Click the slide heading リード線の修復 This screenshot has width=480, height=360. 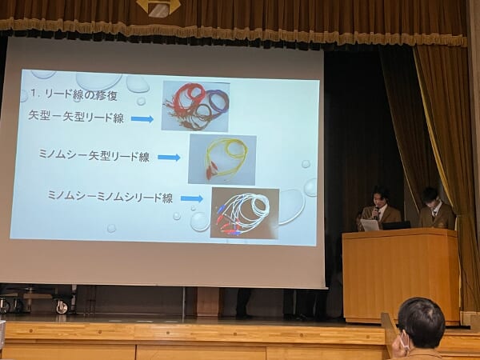[x=81, y=95]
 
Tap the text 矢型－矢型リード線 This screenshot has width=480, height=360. [x=76, y=116]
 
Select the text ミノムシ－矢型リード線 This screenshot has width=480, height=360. [x=94, y=155]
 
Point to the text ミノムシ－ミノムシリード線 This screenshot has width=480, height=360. [x=110, y=197]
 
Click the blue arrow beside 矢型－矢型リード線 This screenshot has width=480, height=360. [x=142, y=118]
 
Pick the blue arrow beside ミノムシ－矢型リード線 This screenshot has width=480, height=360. [x=169, y=158]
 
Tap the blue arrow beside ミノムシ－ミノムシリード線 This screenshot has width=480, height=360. [x=192, y=198]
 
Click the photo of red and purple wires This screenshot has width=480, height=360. [x=196, y=106]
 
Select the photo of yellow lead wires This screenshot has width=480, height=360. [x=222, y=159]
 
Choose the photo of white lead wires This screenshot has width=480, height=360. [x=245, y=213]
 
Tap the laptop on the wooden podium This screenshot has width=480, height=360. [x=397, y=226]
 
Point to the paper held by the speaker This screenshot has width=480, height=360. [x=370, y=225]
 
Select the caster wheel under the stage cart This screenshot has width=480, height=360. [x=62, y=307]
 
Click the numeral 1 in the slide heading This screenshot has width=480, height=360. [x=33, y=93]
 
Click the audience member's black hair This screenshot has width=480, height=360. [x=422, y=318]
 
